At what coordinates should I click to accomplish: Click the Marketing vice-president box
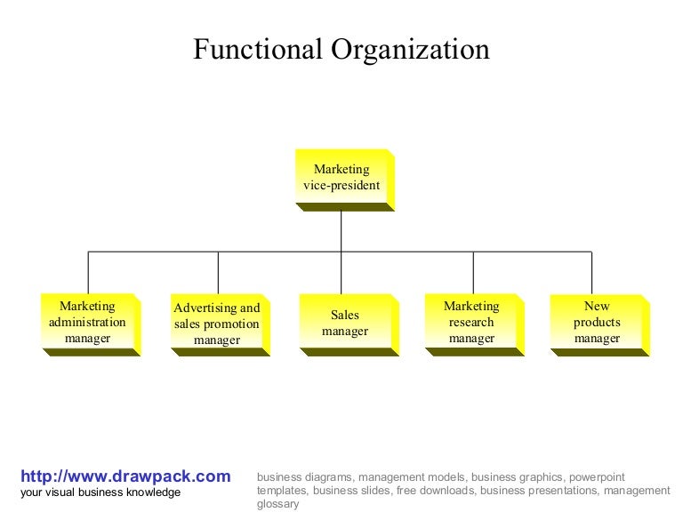(x=341, y=177)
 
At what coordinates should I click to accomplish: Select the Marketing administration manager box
(x=87, y=322)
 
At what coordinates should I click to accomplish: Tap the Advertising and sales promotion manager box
(x=217, y=324)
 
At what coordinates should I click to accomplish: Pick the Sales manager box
(x=344, y=323)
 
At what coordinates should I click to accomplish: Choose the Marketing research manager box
(x=471, y=322)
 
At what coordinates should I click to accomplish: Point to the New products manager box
(x=597, y=322)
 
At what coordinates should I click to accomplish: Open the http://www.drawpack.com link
(x=125, y=476)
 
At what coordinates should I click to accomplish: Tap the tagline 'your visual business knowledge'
(x=100, y=492)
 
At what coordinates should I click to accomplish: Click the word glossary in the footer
(x=277, y=504)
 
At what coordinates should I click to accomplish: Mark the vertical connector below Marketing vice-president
(x=341, y=231)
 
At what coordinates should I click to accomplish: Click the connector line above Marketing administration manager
(x=88, y=272)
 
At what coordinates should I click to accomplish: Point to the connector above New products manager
(x=592, y=272)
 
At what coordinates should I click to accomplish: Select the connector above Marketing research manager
(x=473, y=272)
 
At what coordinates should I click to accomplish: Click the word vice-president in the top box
(x=341, y=186)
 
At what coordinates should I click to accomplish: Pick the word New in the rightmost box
(x=597, y=306)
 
